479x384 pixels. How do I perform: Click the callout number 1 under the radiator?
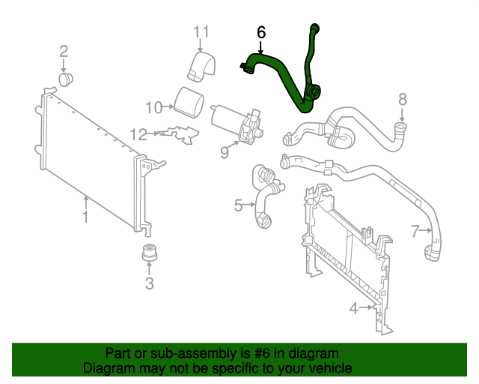pos(85,217)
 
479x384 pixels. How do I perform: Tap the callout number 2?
pos(64,51)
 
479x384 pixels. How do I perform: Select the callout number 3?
pos(149,283)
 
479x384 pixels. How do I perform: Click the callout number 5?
pos(239,205)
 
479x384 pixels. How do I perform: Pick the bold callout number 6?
pos(261,32)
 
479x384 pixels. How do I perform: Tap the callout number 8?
pos(402,98)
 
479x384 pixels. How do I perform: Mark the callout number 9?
pos(224,153)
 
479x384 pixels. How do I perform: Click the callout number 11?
pos(201,31)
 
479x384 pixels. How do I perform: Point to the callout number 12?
pos(138,134)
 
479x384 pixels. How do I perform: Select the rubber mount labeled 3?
pos(149,253)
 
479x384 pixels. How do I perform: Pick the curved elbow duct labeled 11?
pos(202,64)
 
